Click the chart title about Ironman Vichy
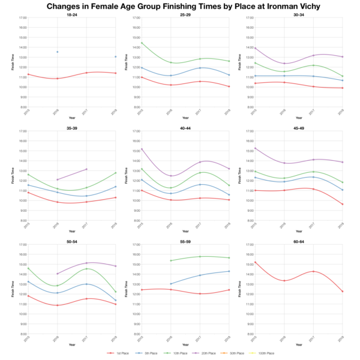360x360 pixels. (180, 7)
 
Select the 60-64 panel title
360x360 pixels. (299, 242)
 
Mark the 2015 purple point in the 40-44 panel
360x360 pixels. (140, 149)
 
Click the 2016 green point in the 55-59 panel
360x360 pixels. (170, 260)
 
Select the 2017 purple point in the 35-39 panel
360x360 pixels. (87, 169)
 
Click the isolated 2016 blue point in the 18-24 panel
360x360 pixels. (57, 52)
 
